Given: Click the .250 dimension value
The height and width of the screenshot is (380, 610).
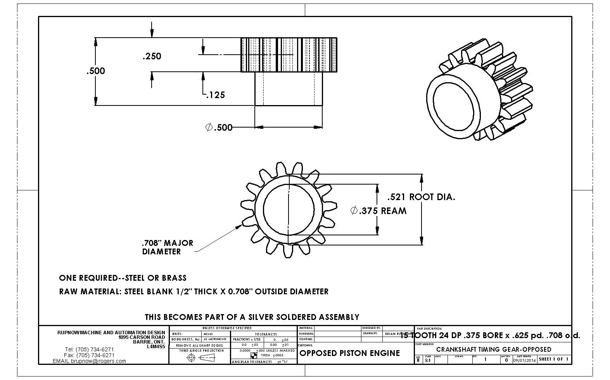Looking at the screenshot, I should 152,56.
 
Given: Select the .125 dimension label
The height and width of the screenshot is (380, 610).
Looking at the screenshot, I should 215,95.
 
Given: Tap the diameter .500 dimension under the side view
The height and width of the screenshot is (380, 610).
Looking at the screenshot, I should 219,127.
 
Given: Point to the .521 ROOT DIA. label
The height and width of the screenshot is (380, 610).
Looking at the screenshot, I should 421,197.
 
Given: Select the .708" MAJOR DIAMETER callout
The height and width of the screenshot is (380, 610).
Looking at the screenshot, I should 167,247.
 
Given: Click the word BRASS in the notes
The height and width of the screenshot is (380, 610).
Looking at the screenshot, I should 174,278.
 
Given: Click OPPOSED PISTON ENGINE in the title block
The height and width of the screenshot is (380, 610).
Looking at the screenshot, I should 349,353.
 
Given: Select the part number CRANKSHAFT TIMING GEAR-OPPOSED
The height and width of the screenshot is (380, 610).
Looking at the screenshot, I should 493,349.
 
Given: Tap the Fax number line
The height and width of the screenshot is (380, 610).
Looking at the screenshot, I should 89,355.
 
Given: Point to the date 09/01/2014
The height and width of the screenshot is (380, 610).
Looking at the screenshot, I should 524,360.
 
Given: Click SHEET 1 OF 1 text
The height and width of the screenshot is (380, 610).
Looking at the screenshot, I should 553,359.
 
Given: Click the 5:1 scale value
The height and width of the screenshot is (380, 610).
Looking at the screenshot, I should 427,360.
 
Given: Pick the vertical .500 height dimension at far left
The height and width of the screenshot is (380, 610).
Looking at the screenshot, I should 95,71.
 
